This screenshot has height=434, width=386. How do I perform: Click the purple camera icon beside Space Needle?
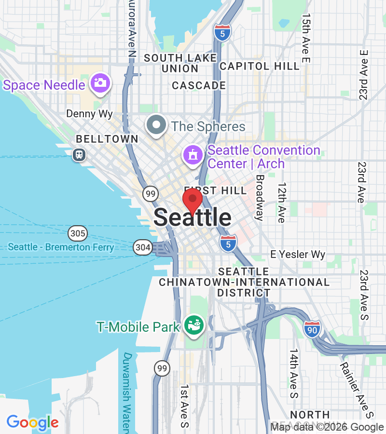100,83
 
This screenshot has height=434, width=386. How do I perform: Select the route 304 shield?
143,247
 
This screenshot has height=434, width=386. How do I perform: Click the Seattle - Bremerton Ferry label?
61,247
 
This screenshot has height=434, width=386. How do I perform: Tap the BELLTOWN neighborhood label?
107,139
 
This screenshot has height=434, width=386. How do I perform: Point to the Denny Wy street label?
89,114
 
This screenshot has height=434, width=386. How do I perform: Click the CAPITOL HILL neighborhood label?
260,66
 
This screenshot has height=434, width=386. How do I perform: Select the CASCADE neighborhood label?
199,85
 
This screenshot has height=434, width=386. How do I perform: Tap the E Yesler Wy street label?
298,254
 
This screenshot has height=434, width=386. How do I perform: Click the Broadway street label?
260,197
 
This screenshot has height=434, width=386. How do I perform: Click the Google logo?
32,423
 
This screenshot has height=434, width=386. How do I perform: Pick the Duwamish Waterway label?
127,393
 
